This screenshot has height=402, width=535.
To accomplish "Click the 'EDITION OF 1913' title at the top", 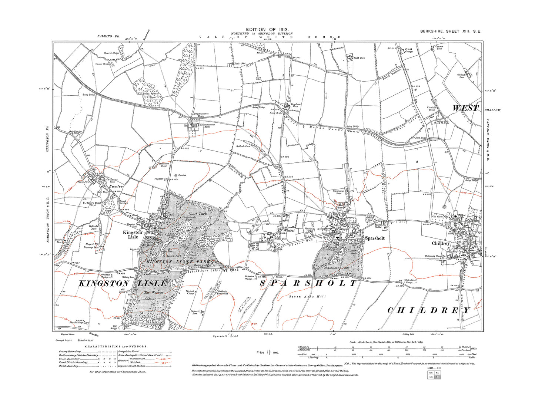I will (267, 30).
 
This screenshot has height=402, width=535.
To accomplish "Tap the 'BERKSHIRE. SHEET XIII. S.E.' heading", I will (451, 32).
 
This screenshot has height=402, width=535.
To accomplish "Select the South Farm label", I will (359, 58).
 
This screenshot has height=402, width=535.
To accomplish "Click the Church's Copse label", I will (111, 53).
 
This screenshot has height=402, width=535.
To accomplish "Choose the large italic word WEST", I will (465, 108).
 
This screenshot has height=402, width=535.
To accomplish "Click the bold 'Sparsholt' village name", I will (374, 238).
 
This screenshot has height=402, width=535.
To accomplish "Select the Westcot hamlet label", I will (288, 230).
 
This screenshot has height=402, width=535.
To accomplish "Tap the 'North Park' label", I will (197, 214).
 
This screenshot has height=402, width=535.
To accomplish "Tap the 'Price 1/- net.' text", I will (267, 352).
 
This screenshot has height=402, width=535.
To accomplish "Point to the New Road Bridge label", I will (419, 138).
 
